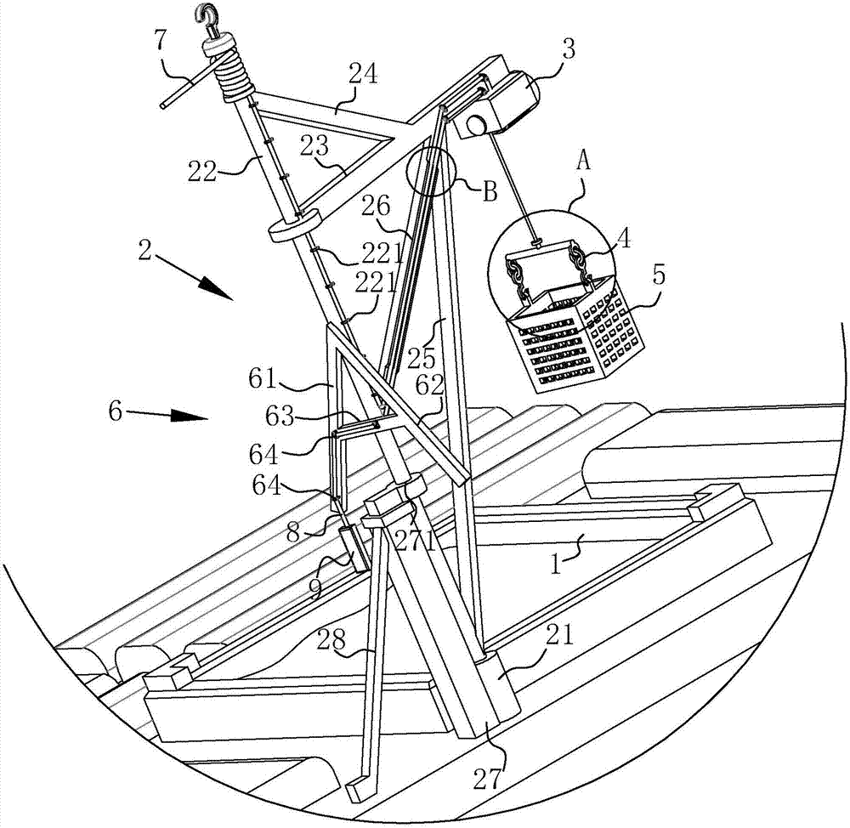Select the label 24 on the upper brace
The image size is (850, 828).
363,74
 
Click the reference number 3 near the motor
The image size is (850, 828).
568,52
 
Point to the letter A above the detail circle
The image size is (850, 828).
583,161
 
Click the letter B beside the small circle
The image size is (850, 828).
490,191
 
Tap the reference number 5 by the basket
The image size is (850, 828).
659,275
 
